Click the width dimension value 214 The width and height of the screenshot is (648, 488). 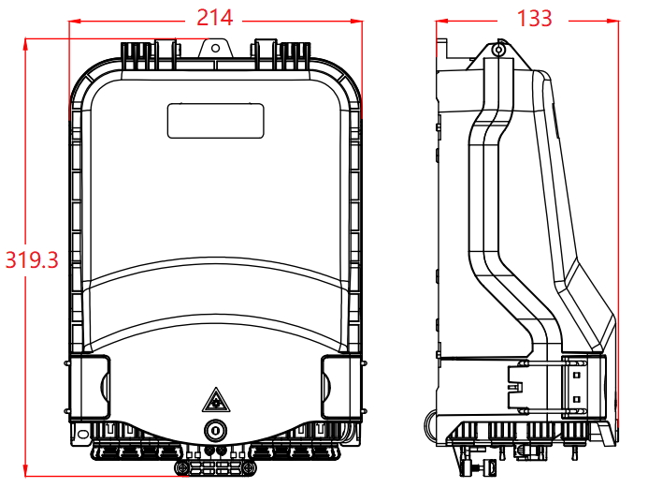pyautogui.click(x=214, y=18)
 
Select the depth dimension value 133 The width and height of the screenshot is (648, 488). pyautogui.click(x=534, y=19)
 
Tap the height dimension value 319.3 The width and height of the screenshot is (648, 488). pyautogui.click(x=32, y=260)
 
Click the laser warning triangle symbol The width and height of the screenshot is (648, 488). pyautogui.click(x=213, y=400)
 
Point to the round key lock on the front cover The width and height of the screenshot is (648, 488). pyautogui.click(x=215, y=431)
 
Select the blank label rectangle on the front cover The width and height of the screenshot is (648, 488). pyautogui.click(x=215, y=121)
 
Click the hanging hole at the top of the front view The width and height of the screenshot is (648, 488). pyautogui.click(x=215, y=48)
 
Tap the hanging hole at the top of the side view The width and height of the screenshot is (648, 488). pyautogui.click(x=498, y=50)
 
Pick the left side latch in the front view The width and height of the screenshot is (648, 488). pyautogui.click(x=89, y=388)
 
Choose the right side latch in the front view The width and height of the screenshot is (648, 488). pyautogui.click(x=342, y=388)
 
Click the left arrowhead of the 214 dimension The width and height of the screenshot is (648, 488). pyautogui.click(x=75, y=22)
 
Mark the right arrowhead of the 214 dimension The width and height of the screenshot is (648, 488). pyautogui.click(x=356, y=22)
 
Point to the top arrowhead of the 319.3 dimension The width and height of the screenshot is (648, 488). pyautogui.click(x=25, y=44)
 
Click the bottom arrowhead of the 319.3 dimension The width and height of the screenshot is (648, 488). pyautogui.click(x=25, y=470)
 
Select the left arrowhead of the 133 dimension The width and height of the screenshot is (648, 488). pyautogui.click(x=442, y=21)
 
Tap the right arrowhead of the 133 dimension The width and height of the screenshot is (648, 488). pyautogui.click(x=612, y=21)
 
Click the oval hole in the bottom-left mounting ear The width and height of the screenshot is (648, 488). pyautogui.click(x=83, y=434)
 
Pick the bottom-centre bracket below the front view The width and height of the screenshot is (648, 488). pyautogui.click(x=215, y=468)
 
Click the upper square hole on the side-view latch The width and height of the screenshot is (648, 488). pyautogui.click(x=577, y=376)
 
